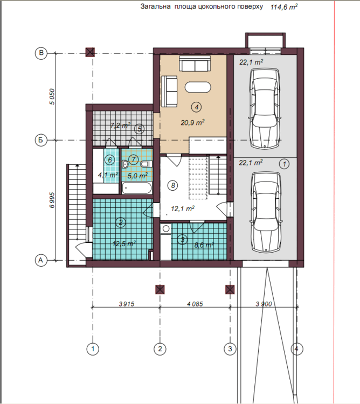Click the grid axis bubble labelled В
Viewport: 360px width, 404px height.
[41, 53]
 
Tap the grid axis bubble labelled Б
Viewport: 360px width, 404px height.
[41, 140]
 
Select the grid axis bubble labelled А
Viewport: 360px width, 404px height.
[41, 260]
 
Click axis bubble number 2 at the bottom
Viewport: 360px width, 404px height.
[160, 349]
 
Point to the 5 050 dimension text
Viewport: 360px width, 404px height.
[52, 96]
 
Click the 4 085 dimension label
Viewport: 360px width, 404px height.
[195, 304]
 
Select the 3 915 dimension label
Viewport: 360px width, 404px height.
[127, 304]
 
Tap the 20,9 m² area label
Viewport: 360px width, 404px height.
[192, 122]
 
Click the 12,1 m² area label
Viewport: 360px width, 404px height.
[183, 208]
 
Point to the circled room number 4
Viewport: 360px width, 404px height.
[197, 107]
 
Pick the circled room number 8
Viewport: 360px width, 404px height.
[172, 185]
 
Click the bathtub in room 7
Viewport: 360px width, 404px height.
[136, 188]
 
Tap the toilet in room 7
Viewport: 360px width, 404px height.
[146, 164]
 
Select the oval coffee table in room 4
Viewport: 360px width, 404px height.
[198, 87]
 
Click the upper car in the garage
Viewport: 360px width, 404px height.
[265, 108]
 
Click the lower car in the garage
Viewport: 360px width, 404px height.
[265, 212]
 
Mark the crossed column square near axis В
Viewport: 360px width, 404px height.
[90, 52]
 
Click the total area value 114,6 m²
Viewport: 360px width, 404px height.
[284, 7]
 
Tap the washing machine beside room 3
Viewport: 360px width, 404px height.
[165, 229]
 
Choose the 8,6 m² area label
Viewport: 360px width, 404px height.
[204, 245]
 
